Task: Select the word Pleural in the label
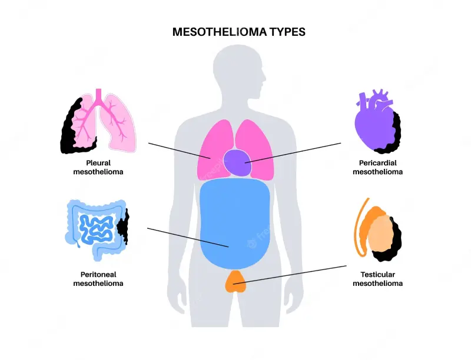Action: (98, 163)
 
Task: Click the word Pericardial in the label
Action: (378, 163)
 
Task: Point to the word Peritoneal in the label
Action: (98, 275)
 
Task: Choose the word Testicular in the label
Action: (378, 275)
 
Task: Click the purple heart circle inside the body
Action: (237, 163)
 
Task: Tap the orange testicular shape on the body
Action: (236, 281)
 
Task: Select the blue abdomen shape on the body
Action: (235, 224)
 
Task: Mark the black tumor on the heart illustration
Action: (393, 135)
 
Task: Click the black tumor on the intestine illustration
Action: (122, 226)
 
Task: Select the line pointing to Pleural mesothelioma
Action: (180, 151)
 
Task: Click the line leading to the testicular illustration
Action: (290, 275)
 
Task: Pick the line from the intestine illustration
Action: (188, 237)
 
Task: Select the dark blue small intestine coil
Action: (96, 229)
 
